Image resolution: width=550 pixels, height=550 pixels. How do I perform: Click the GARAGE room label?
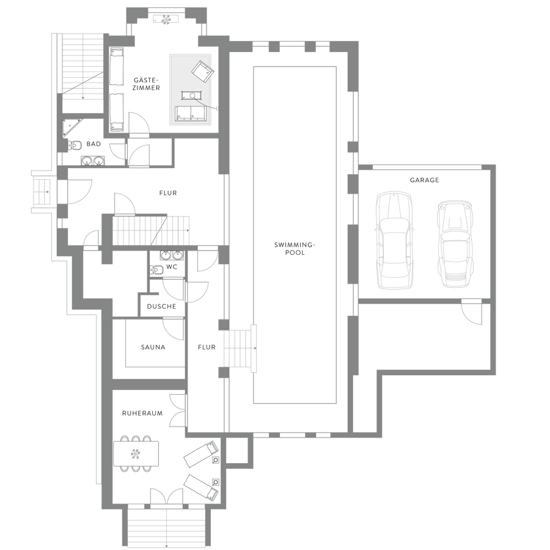click(424, 180)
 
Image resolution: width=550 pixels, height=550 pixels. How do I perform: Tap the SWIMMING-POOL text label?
click(295, 248)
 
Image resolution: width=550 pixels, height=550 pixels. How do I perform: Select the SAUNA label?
click(153, 347)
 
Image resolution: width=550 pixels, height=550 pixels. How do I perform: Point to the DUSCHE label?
click(161, 306)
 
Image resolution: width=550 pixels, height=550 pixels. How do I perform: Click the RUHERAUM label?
click(142, 413)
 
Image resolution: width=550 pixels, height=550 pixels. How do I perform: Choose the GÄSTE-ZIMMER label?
click(146, 84)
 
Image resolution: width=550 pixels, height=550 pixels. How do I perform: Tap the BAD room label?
click(94, 144)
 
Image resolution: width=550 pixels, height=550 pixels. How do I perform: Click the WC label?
click(172, 267)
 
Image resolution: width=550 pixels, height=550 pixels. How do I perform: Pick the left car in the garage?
click(394, 240)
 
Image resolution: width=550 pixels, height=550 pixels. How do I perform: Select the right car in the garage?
click(455, 244)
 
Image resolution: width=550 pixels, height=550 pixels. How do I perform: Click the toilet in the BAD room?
click(74, 144)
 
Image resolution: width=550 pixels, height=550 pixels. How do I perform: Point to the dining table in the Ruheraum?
click(136, 453)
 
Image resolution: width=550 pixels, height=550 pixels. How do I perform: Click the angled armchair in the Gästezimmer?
click(203, 71)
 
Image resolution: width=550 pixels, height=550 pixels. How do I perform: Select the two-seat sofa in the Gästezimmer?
click(191, 113)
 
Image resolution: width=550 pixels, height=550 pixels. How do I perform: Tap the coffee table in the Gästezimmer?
click(192, 95)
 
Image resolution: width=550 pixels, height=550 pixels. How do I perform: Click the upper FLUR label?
click(168, 193)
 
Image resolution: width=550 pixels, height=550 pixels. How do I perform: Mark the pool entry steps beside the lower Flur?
click(240, 348)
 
